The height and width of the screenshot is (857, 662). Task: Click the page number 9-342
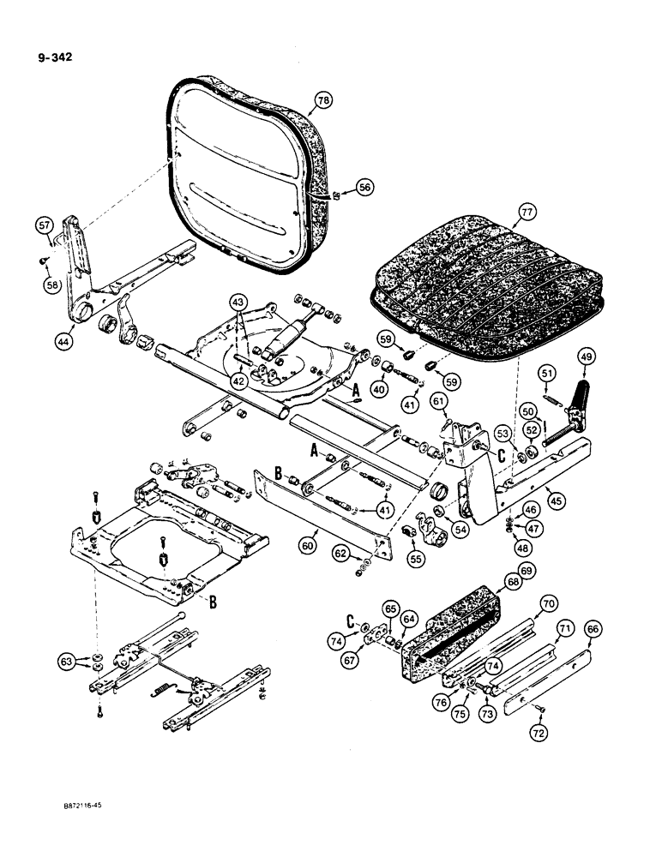[54, 58]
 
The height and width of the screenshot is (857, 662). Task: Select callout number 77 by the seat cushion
[525, 208]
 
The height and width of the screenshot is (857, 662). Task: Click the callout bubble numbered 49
[586, 357]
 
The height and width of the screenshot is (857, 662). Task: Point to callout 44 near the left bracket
[63, 339]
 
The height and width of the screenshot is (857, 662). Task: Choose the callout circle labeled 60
[308, 543]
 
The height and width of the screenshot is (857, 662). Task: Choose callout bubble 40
[376, 388]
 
